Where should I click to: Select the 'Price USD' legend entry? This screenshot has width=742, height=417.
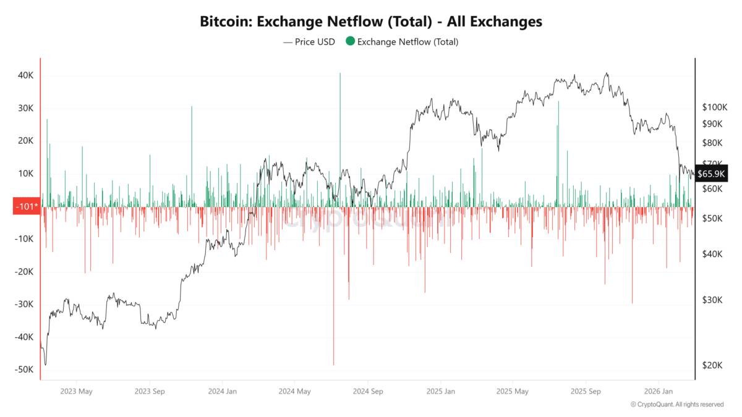[309, 42]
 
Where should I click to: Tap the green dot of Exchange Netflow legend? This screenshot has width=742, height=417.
[351, 42]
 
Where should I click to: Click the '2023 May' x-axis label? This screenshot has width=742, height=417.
[77, 391]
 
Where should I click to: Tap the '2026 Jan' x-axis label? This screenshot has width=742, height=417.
[659, 391]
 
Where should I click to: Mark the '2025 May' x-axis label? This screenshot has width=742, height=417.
[513, 391]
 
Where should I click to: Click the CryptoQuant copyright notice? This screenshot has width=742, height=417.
[676, 405]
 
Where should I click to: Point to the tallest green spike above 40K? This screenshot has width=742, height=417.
[340, 74]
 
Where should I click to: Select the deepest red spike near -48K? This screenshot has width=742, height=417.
[333, 363]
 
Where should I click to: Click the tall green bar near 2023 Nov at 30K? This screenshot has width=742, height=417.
[192, 108]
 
